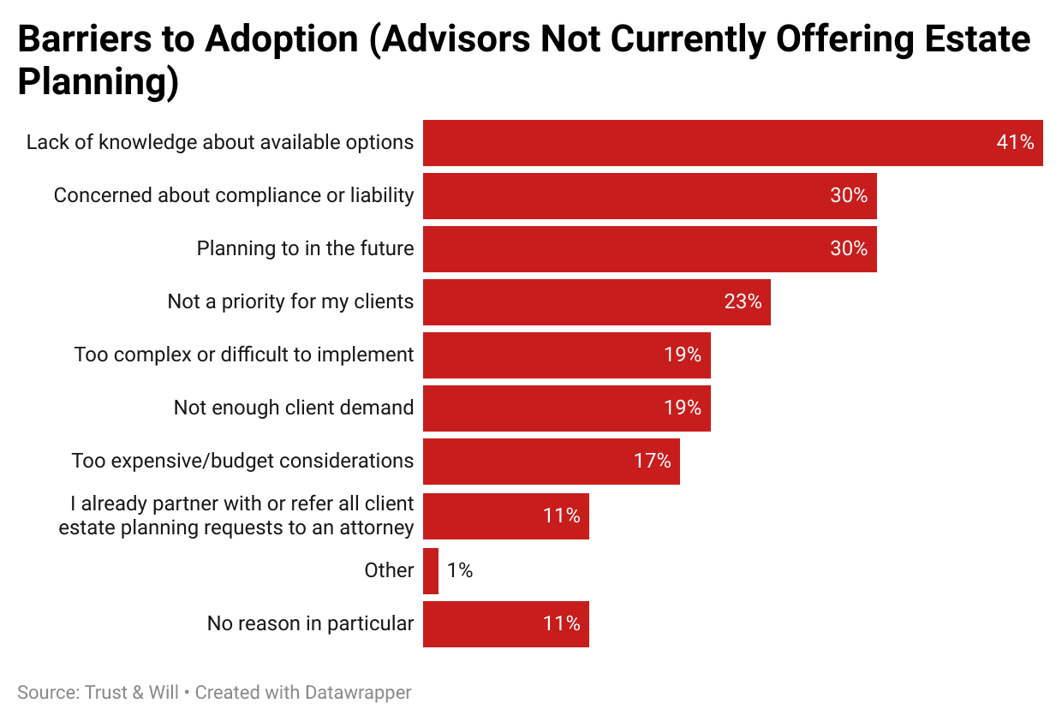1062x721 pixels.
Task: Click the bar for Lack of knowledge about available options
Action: (x=732, y=143)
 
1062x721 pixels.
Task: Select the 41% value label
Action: (x=1015, y=143)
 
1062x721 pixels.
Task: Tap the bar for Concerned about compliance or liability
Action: (x=649, y=196)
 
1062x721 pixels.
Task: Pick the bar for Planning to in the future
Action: (x=649, y=249)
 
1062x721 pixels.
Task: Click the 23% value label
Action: (x=743, y=302)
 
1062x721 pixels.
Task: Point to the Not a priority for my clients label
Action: (x=290, y=302)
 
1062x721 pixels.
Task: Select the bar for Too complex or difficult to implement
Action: (x=566, y=355)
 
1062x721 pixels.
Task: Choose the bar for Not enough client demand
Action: (x=566, y=408)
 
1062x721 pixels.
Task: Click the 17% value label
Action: (x=652, y=462)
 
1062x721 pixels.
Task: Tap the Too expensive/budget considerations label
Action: (x=242, y=462)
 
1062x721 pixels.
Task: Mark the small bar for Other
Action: (x=431, y=571)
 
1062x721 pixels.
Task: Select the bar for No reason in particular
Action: (x=505, y=624)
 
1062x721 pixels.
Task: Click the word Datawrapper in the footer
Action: (x=358, y=693)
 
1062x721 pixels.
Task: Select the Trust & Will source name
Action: (x=132, y=693)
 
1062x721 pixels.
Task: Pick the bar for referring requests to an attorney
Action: (x=505, y=516)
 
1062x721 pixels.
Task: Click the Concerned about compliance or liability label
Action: (x=234, y=196)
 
